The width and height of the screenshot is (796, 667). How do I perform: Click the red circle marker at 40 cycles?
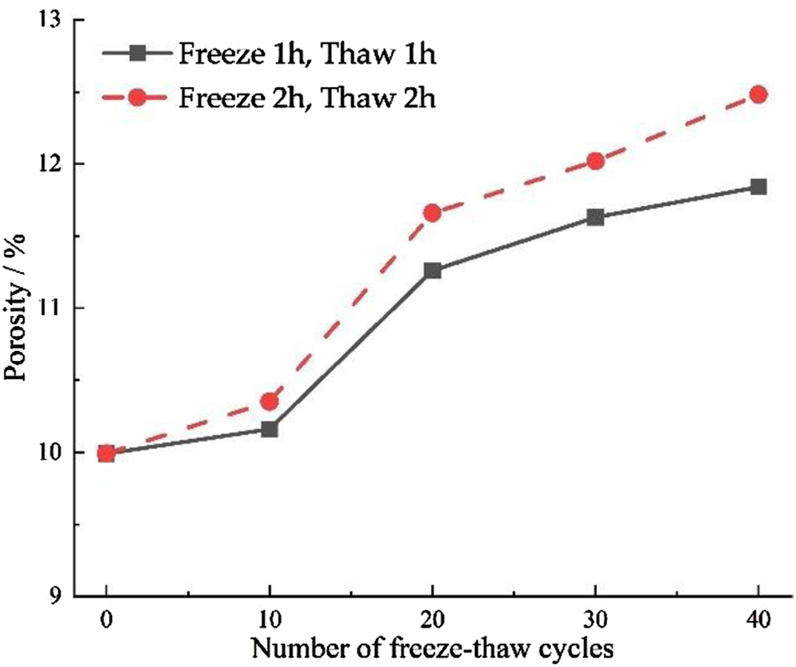point(758,94)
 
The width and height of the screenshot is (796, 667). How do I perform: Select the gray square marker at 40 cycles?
point(758,187)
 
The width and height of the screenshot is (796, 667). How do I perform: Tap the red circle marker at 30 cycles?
point(595,161)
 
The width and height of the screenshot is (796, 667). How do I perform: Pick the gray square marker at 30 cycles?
point(595,217)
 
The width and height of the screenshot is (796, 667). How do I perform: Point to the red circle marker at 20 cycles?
point(432,213)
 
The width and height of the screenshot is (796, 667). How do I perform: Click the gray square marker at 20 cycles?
point(432,270)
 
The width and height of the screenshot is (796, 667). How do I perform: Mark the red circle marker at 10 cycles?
point(270,401)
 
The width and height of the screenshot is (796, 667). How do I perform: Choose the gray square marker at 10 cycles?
point(270,429)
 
